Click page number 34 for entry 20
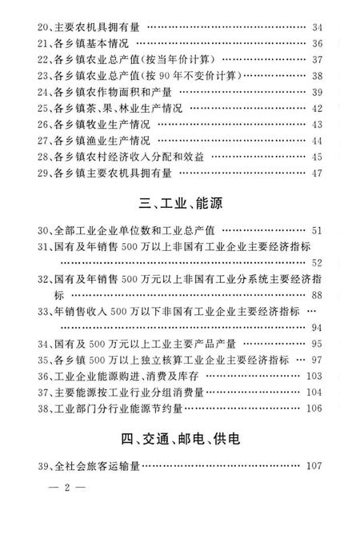pyautogui.click(x=317, y=27)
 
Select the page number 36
pyautogui.click(x=317, y=43)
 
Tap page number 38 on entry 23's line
pyautogui.click(x=317, y=76)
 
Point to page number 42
pyautogui.click(x=317, y=108)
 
